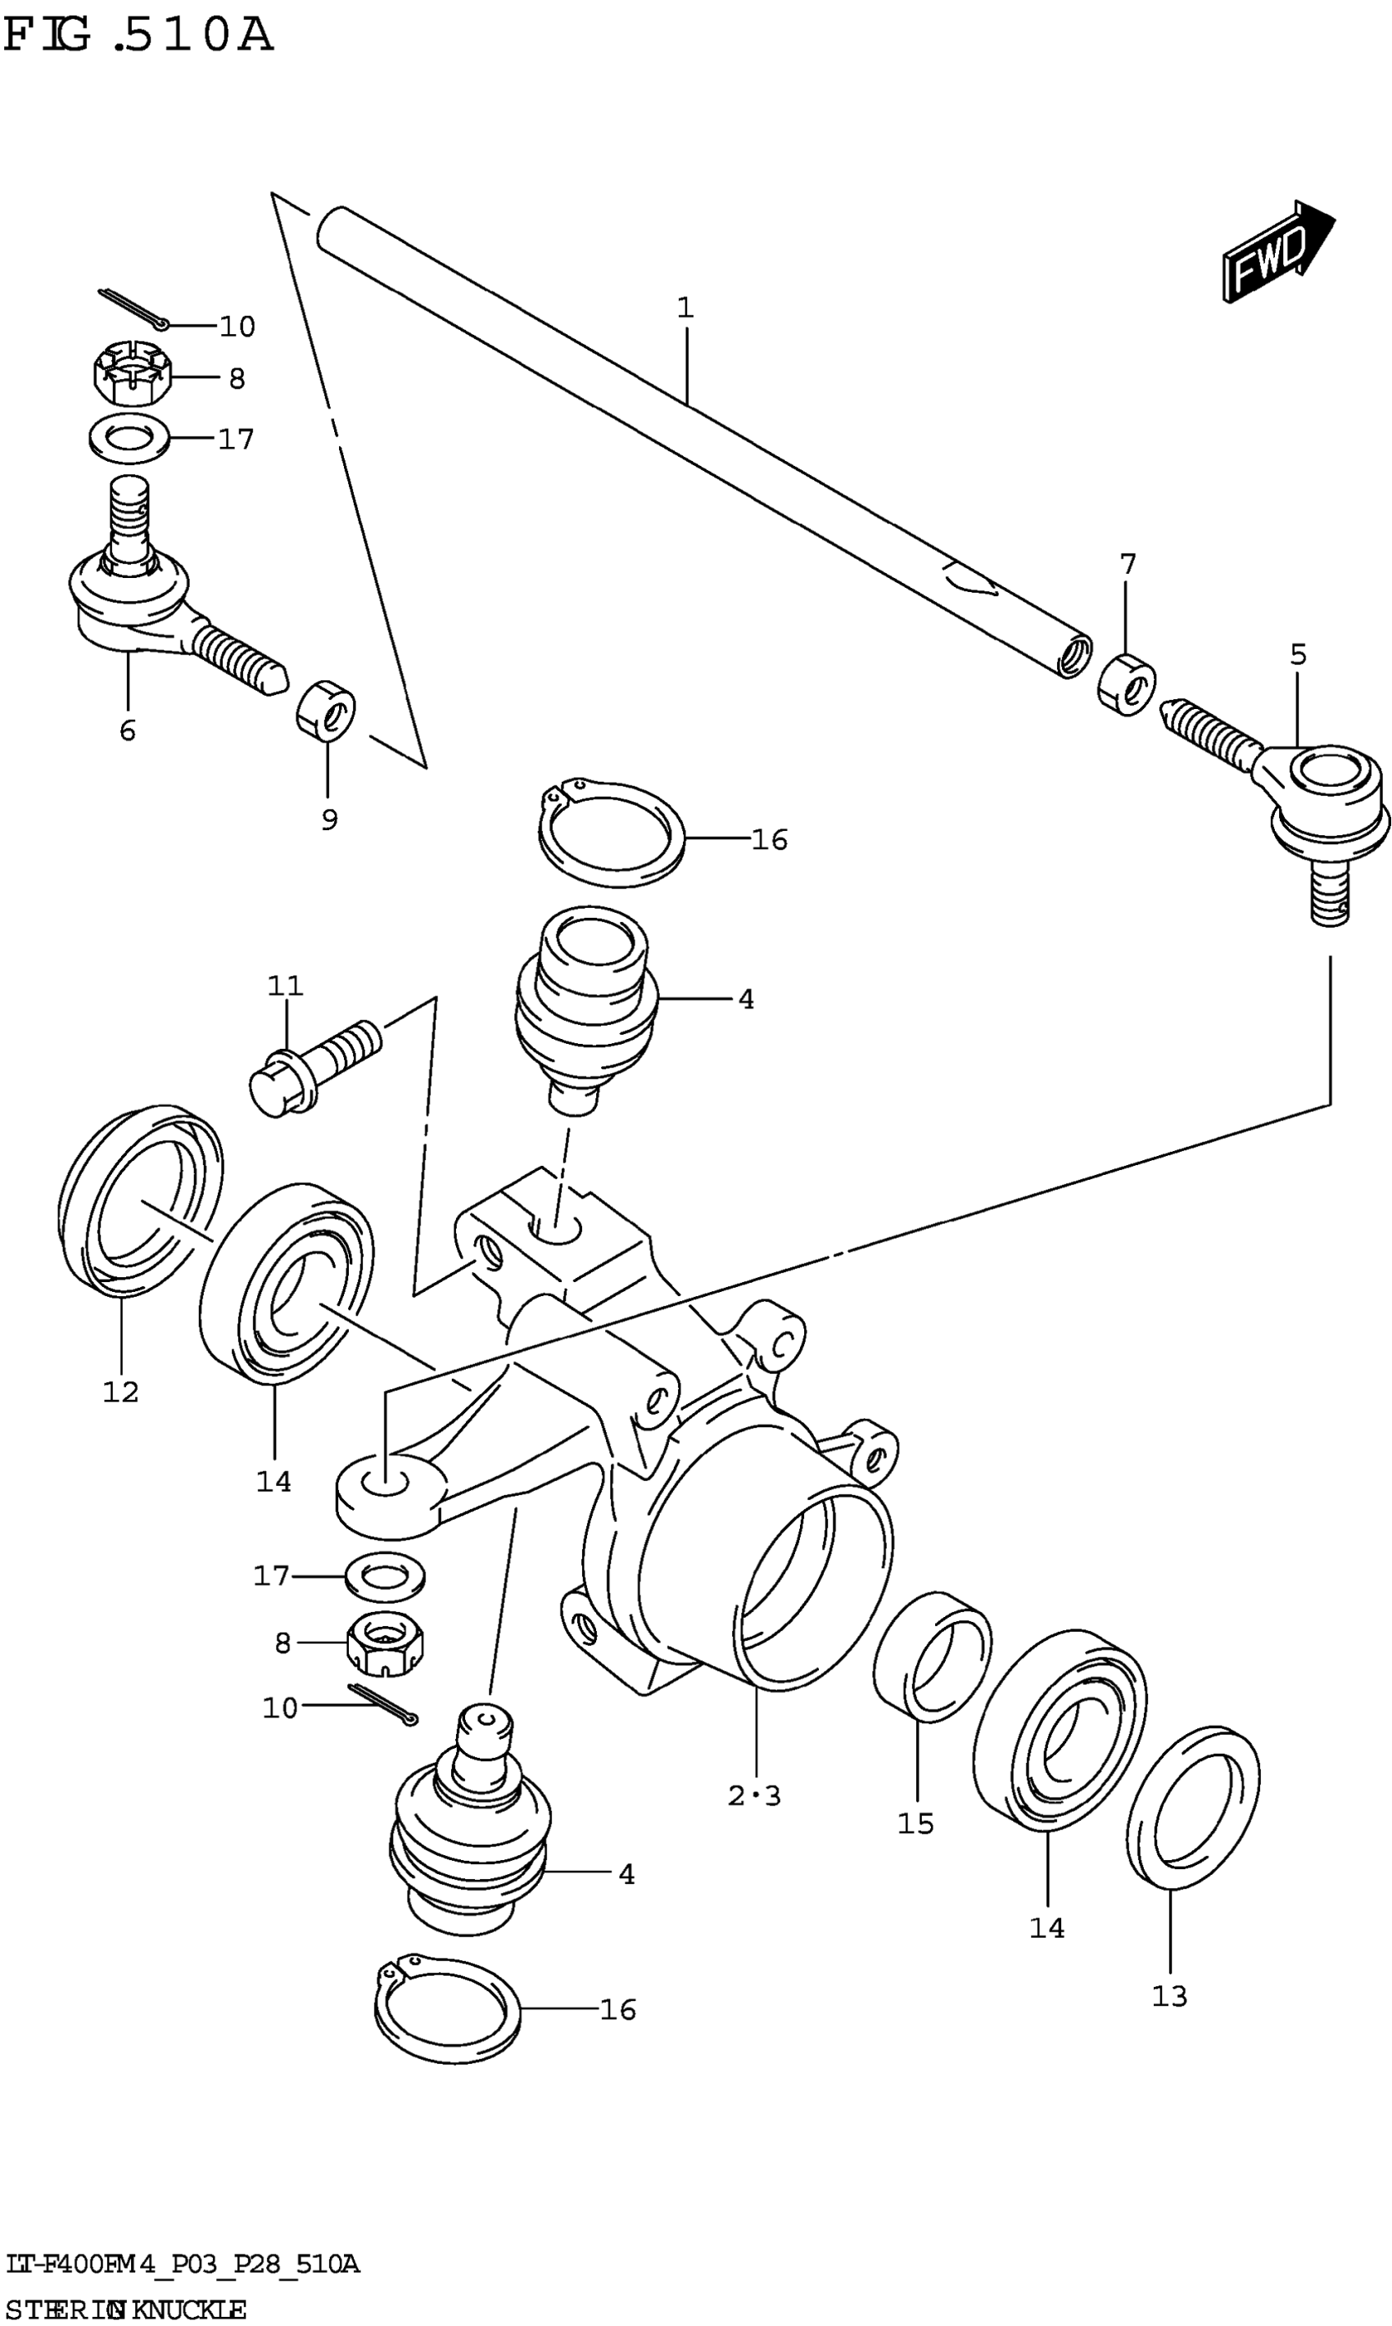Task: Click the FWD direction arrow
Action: coord(1277,251)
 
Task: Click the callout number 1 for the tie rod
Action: coord(685,308)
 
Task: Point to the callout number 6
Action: coord(128,729)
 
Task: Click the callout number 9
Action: coord(329,820)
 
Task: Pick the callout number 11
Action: coord(285,986)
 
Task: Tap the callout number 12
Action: coord(121,1392)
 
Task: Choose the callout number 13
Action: coord(1170,1996)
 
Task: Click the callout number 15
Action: coord(915,1823)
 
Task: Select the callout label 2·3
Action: coord(754,1795)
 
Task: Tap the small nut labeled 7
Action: coord(1127,682)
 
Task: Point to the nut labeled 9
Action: coord(326,708)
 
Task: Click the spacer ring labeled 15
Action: coord(932,1656)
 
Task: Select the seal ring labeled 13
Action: coord(1193,1809)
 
